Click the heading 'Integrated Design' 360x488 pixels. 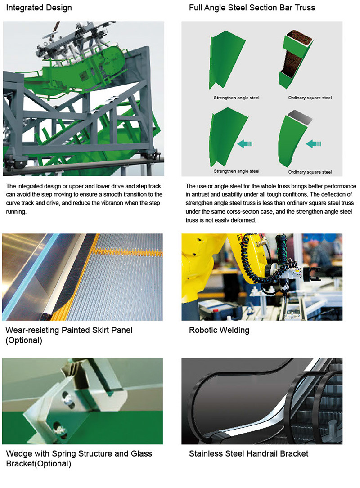39,8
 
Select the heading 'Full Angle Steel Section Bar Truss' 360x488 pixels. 252,8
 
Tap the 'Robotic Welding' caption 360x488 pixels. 219,330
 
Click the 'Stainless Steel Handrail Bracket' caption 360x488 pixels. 248,454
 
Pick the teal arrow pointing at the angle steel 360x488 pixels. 245,143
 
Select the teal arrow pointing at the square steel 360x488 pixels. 313,144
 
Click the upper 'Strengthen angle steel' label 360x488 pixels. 236,98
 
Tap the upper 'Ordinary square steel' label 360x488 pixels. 310,98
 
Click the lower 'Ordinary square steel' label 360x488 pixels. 310,172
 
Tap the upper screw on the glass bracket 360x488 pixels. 68,399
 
